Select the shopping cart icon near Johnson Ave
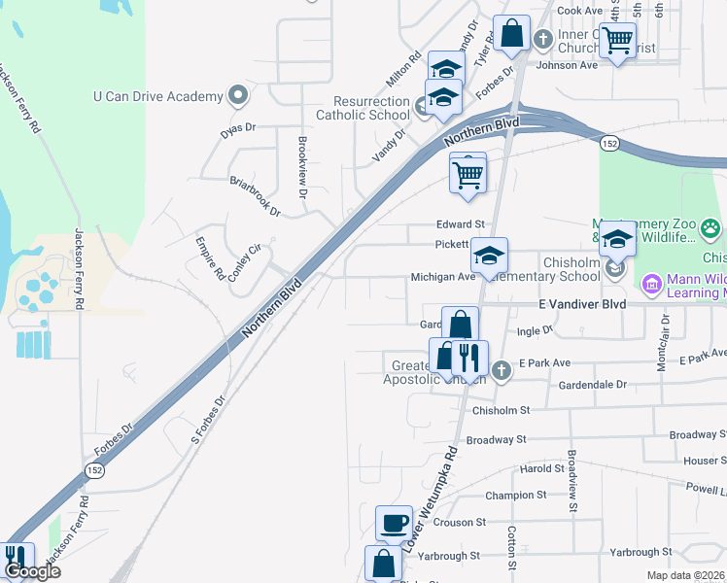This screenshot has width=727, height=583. [x=617, y=42]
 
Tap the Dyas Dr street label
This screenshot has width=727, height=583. [x=237, y=128]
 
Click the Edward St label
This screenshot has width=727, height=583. [x=459, y=223]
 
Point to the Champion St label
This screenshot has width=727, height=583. [x=510, y=495]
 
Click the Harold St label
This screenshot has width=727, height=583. [x=542, y=468]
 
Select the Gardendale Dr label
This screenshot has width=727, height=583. [x=593, y=385]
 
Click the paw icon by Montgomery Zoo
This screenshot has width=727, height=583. [x=710, y=230]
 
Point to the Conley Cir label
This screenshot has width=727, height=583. [x=245, y=262]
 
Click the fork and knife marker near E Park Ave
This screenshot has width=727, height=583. [x=469, y=359]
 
